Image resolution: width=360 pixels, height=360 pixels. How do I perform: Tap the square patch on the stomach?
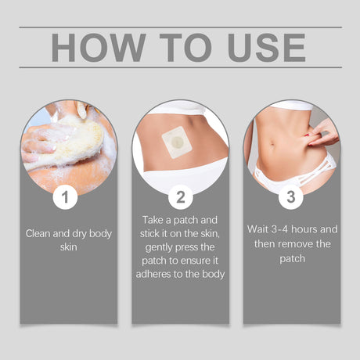178,143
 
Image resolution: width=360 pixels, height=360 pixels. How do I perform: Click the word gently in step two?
156,247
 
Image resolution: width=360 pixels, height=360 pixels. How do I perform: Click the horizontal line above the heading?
180,27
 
